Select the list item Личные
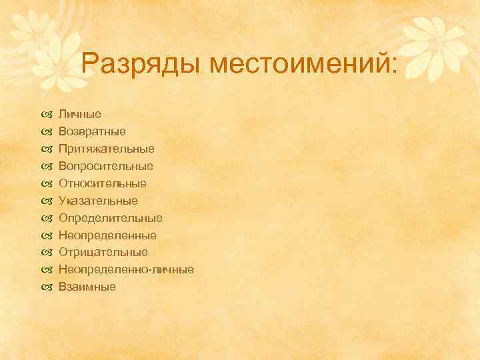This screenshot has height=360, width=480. click(79, 114)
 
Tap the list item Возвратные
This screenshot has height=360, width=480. click(92, 131)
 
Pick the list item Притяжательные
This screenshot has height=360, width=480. click(106, 149)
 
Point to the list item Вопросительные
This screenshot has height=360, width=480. click(105, 166)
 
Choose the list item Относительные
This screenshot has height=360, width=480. click(102, 183)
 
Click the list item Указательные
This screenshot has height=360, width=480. click(98, 201)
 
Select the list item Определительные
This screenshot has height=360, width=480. click(110, 218)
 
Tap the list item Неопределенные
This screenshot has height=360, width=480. click(107, 235)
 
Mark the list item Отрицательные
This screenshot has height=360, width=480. click(103, 253)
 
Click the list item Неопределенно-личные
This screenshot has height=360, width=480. click(126, 270)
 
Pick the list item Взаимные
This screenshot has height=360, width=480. click(87, 287)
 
